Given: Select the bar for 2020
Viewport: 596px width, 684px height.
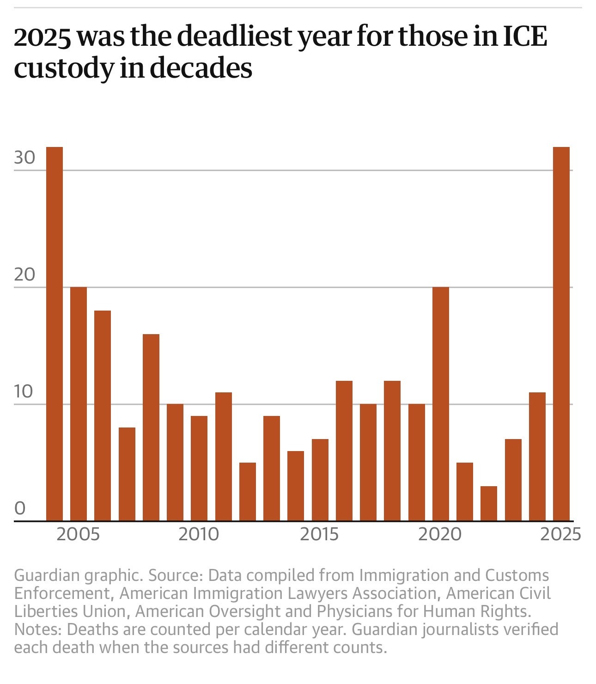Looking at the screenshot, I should click(x=441, y=404).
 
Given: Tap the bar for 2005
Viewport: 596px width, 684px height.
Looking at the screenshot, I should click(x=79, y=404).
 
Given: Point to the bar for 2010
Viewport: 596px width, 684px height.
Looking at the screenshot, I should click(x=199, y=468).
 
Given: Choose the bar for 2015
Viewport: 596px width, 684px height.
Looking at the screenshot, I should click(x=320, y=480).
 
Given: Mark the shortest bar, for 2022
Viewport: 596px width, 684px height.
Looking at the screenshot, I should click(x=489, y=503).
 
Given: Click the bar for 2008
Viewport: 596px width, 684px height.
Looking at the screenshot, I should click(x=151, y=427).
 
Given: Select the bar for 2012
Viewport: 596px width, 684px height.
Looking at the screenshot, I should click(x=248, y=492).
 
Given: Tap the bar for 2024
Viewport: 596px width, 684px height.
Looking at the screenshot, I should click(x=537, y=457).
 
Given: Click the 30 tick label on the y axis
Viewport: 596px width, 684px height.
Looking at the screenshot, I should click(x=24, y=158).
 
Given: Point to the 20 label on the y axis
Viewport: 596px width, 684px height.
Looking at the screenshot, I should click(x=24, y=275).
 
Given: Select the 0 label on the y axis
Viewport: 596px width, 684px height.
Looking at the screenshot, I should click(x=20, y=508).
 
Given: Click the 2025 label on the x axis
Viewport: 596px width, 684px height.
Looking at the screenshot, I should click(x=560, y=534).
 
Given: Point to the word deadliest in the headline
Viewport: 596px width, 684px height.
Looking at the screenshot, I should click(x=236, y=37).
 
